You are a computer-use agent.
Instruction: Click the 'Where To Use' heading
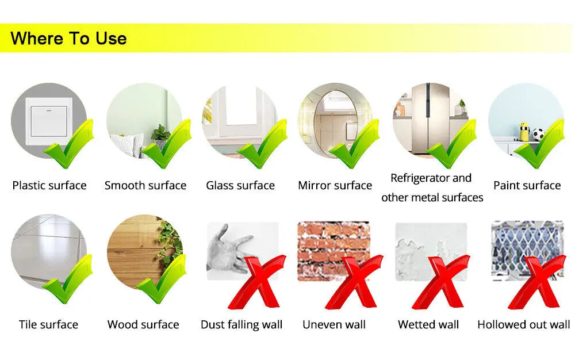coord(68,38)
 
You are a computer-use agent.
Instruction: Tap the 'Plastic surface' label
coord(49,185)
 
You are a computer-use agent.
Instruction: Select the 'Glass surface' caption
coord(240,185)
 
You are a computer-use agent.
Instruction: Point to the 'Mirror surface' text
coord(335,185)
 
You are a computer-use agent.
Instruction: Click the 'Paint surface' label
coord(527,185)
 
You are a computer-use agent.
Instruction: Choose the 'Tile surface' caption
coord(48,324)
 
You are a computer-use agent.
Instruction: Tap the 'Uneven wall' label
coord(334,324)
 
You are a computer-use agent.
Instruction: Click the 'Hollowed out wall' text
coord(524,324)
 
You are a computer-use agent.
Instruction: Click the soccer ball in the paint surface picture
coord(538,135)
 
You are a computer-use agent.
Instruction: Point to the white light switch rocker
coord(49,121)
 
